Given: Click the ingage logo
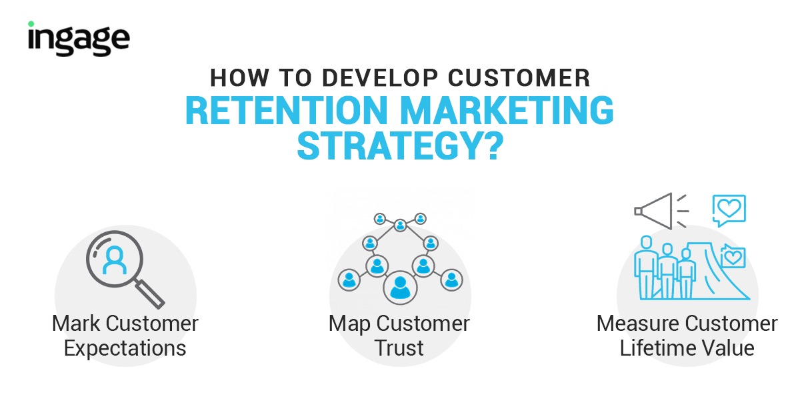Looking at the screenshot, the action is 79,39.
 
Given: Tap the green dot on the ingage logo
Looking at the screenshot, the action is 31,24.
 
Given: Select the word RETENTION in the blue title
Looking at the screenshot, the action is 287,110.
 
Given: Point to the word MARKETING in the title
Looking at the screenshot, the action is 507,110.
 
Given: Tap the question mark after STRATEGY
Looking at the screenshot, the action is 493,146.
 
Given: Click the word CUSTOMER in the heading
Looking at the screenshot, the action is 519,77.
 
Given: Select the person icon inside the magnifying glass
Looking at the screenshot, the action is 114,260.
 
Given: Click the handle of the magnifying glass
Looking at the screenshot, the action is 150,294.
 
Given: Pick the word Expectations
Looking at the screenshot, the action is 125,348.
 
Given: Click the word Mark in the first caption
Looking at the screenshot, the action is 76,324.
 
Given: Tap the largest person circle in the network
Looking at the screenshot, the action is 400,287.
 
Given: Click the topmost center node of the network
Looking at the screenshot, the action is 400,226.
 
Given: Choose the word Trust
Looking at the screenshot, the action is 399,348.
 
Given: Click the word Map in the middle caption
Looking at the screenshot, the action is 350,324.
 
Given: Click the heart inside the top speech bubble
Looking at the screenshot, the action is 729,208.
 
